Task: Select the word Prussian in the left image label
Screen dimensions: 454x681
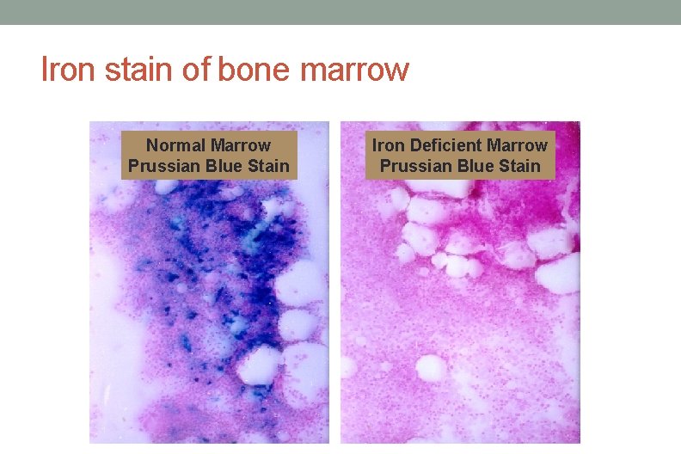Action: (x=164, y=166)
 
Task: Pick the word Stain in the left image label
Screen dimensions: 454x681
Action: (x=268, y=166)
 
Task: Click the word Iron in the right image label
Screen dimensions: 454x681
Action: (x=388, y=145)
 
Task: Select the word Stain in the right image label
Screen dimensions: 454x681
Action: (x=519, y=166)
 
